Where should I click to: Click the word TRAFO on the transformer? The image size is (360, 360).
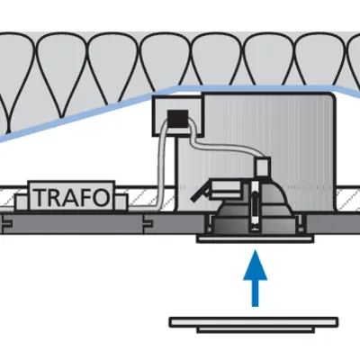pyautogui.click(x=71, y=197)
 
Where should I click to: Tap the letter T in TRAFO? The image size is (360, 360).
pyautogui.click(x=40, y=197)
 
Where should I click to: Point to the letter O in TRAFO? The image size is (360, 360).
pyautogui.click(x=101, y=197)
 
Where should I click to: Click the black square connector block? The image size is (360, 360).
pyautogui.click(x=177, y=119)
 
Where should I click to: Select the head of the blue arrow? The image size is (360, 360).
pyautogui.click(x=255, y=265)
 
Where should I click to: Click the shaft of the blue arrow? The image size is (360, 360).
pyautogui.click(x=255, y=293)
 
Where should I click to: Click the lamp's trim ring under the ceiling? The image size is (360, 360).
pyautogui.click(x=255, y=239)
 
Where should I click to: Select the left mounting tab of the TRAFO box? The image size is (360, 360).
pyautogui.click(x=22, y=202)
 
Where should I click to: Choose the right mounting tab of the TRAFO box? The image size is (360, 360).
pyautogui.click(x=121, y=202)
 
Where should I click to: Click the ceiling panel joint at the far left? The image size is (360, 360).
pyautogui.click(x=6, y=223)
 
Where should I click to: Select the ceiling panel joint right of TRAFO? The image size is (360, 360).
pyautogui.click(x=148, y=223)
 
